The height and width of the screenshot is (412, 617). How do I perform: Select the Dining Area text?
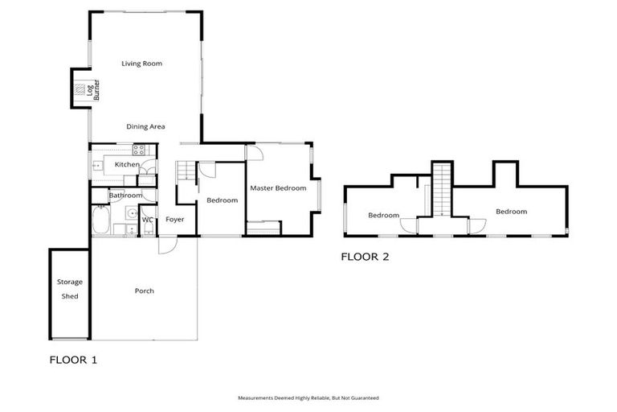(x=145, y=126)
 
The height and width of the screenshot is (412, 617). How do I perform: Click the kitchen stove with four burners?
(x=138, y=149)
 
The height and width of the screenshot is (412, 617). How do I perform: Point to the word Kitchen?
(x=127, y=164)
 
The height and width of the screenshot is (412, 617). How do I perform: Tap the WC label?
(x=148, y=220)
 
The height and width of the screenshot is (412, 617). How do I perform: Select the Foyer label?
(x=175, y=220)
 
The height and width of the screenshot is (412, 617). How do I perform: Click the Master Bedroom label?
(x=278, y=188)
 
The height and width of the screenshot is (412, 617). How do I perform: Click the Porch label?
(x=144, y=290)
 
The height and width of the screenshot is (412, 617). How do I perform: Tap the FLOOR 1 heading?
(x=73, y=360)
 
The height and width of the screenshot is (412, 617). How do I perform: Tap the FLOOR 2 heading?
(x=365, y=257)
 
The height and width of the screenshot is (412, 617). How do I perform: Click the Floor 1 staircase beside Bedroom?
(x=186, y=171)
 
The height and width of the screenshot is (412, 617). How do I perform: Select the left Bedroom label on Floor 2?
(x=383, y=215)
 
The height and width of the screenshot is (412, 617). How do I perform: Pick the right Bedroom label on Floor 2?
(x=510, y=212)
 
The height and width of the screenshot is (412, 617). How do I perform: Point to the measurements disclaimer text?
(x=308, y=398)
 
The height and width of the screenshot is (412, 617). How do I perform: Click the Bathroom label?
(x=125, y=196)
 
